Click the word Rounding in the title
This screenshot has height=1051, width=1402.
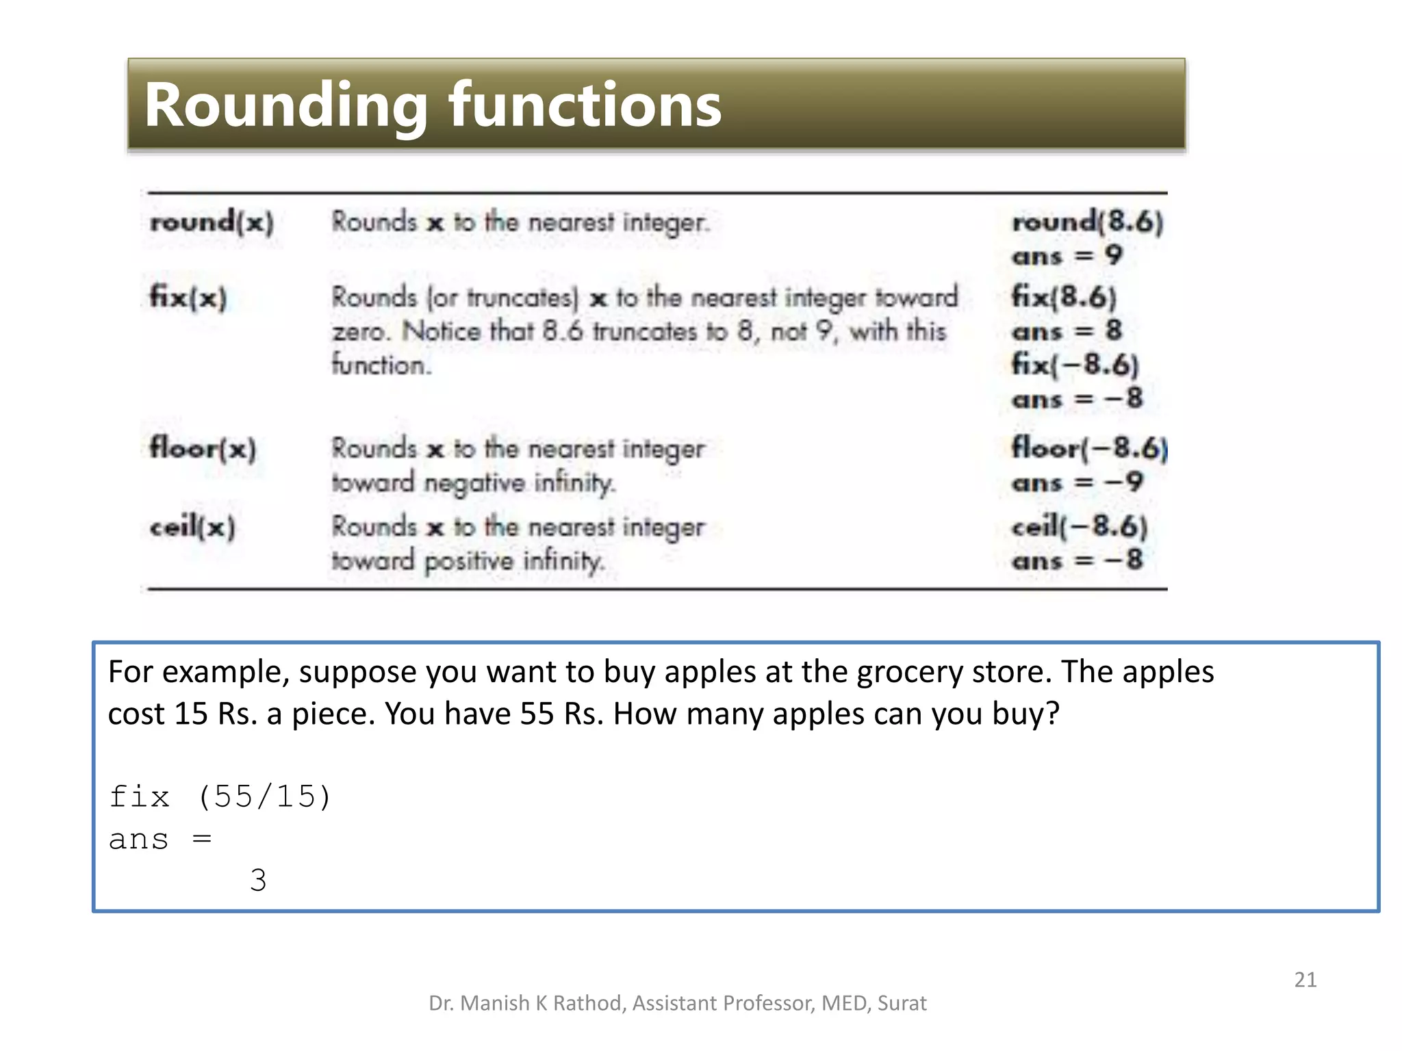[285, 106]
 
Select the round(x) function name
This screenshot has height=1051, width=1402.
[212, 222]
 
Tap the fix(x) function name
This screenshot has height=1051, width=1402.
[188, 298]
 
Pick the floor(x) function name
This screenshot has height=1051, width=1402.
[203, 449]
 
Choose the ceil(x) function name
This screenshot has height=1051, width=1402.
[192, 527]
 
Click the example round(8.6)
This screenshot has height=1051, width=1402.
[1087, 222]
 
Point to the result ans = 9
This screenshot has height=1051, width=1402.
[1067, 256]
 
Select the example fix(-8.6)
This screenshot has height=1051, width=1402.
[1075, 365]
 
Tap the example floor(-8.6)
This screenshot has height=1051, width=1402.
[1089, 448]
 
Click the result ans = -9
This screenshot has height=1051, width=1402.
[1077, 482]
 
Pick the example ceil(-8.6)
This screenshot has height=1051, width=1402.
[1079, 527]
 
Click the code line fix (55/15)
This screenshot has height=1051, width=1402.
[220, 796]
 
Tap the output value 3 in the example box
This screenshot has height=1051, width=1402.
[258, 880]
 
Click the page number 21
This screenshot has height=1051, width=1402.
[1305, 980]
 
